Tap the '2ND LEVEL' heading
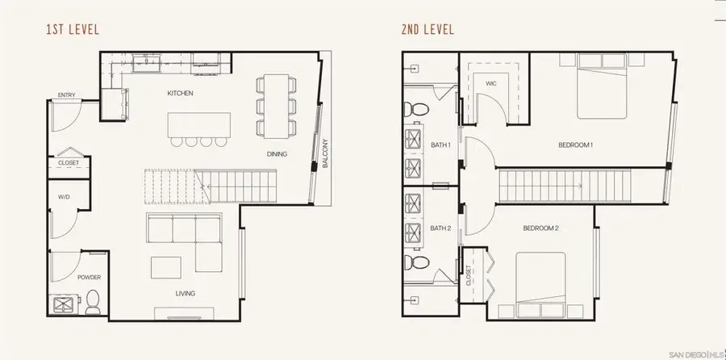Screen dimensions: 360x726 click(x=428, y=31)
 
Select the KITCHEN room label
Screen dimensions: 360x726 click(x=180, y=94)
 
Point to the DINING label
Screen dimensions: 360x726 click(x=277, y=154)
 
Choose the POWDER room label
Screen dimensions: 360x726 click(x=89, y=277)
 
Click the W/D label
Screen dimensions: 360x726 click(x=64, y=196)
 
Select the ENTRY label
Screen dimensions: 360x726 click(x=66, y=96)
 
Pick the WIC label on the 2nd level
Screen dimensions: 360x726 click(x=490, y=83)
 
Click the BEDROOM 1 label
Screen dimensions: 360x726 click(x=575, y=145)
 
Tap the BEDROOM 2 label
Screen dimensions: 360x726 click(x=541, y=228)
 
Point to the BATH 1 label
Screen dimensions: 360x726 click(x=439, y=145)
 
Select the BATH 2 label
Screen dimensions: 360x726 click(x=439, y=228)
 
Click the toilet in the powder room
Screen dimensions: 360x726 click(x=92, y=300)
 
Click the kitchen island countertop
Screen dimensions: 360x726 click(x=199, y=124)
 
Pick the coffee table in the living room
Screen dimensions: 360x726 click(x=166, y=266)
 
